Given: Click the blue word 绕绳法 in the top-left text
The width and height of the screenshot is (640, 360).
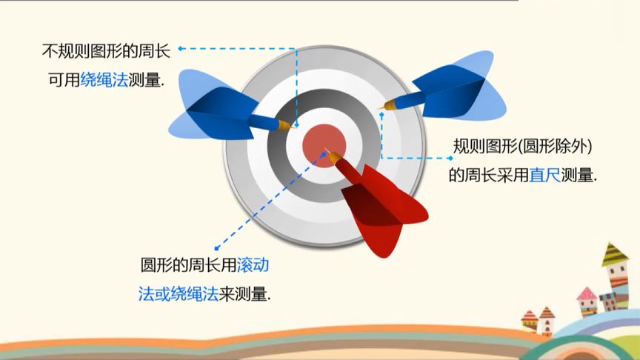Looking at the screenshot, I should [104, 81].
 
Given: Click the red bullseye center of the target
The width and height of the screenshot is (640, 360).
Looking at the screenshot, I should [323, 142].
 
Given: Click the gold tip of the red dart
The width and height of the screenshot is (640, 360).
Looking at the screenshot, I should [333, 156].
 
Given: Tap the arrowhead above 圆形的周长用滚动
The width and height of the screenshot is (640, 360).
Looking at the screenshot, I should [216, 249].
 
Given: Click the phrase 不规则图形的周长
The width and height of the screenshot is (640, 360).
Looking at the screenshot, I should [107, 53].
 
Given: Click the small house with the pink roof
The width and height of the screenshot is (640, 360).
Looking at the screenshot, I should [587, 300].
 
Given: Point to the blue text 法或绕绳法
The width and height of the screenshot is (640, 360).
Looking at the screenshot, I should [178, 294].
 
